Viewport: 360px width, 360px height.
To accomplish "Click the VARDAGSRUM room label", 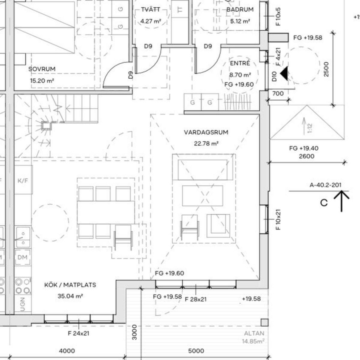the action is point(206,133).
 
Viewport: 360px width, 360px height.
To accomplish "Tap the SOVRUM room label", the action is point(42,69).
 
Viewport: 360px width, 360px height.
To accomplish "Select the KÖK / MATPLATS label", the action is point(70,285).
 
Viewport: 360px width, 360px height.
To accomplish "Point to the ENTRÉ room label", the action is point(240,63).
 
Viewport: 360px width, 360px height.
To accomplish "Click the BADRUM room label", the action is point(240,10).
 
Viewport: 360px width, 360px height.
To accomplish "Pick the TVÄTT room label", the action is point(151,9).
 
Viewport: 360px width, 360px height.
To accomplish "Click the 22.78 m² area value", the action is point(206,144).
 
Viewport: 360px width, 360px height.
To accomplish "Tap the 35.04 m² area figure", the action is point(70,296).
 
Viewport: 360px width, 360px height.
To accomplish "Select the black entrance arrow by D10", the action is point(284,73).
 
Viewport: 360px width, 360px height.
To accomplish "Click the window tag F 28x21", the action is point(196,299).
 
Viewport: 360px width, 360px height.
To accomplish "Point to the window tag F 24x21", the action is point(79,333).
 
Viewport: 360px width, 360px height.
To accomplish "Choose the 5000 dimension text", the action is point(196,351).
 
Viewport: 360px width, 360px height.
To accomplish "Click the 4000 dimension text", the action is point(67,351).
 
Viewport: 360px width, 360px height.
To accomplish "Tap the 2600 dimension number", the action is point(307,156).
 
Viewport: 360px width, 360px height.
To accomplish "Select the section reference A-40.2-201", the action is point(325,185).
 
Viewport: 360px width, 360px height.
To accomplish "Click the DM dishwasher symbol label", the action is point(22,257).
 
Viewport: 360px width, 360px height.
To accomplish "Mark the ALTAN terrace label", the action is point(254,333).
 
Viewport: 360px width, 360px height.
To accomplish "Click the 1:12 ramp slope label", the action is point(310,128).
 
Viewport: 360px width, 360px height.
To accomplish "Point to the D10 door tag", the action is point(274,76).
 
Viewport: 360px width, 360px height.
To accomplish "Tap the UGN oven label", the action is point(22,304).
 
